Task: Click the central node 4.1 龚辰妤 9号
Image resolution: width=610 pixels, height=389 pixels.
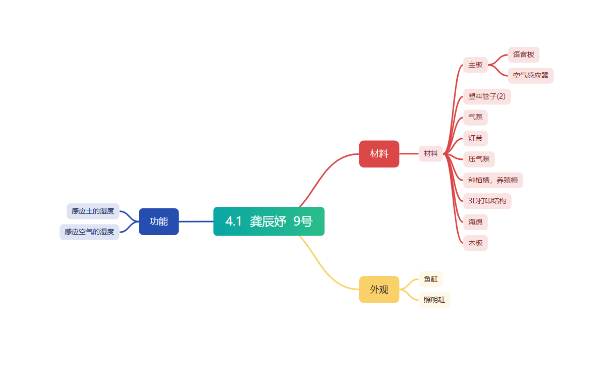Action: click(x=268, y=221)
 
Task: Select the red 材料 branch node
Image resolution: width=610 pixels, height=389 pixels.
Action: click(x=379, y=153)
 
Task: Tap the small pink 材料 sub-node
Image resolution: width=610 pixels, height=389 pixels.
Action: click(x=431, y=153)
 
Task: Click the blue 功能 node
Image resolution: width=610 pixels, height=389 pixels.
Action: click(x=158, y=221)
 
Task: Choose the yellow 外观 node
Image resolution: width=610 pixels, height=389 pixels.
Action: click(x=379, y=289)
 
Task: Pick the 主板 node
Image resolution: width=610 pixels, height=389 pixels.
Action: click(x=475, y=65)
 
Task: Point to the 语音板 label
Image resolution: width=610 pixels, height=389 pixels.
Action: click(x=523, y=54)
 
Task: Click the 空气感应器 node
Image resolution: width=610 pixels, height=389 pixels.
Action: click(x=530, y=76)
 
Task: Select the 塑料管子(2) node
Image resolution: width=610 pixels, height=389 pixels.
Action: click(x=486, y=96)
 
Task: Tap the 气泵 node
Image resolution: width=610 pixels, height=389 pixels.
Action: click(x=475, y=117)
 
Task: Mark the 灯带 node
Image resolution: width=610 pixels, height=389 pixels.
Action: click(x=475, y=138)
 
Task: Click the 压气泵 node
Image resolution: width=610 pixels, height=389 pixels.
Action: click(x=479, y=159)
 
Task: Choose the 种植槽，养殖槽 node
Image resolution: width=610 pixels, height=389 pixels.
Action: click(x=492, y=180)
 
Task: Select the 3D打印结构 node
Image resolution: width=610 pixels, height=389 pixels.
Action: click(x=487, y=201)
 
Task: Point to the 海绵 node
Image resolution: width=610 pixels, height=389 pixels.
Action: click(x=475, y=221)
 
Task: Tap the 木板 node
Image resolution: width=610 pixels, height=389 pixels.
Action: click(x=475, y=243)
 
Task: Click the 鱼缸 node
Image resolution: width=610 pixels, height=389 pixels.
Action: click(x=430, y=279)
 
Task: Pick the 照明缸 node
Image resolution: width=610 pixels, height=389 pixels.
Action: click(x=434, y=300)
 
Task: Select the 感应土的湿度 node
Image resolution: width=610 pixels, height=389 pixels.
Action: click(x=93, y=211)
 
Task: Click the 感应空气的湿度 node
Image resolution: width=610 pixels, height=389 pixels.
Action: click(x=89, y=232)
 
